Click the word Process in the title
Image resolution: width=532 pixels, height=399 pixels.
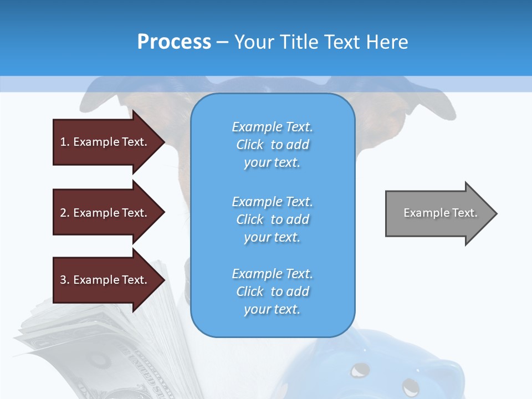point(174,42)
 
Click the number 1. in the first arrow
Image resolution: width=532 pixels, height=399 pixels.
point(65,142)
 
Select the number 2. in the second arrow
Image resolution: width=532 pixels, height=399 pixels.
point(65,213)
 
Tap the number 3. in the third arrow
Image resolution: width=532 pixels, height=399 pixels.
point(65,280)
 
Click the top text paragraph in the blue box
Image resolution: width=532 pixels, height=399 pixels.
point(272,145)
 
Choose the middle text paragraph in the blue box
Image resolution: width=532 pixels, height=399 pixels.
point(272,219)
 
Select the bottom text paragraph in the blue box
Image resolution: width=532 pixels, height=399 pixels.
point(272,291)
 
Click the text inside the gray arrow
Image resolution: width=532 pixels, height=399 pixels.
point(440,213)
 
